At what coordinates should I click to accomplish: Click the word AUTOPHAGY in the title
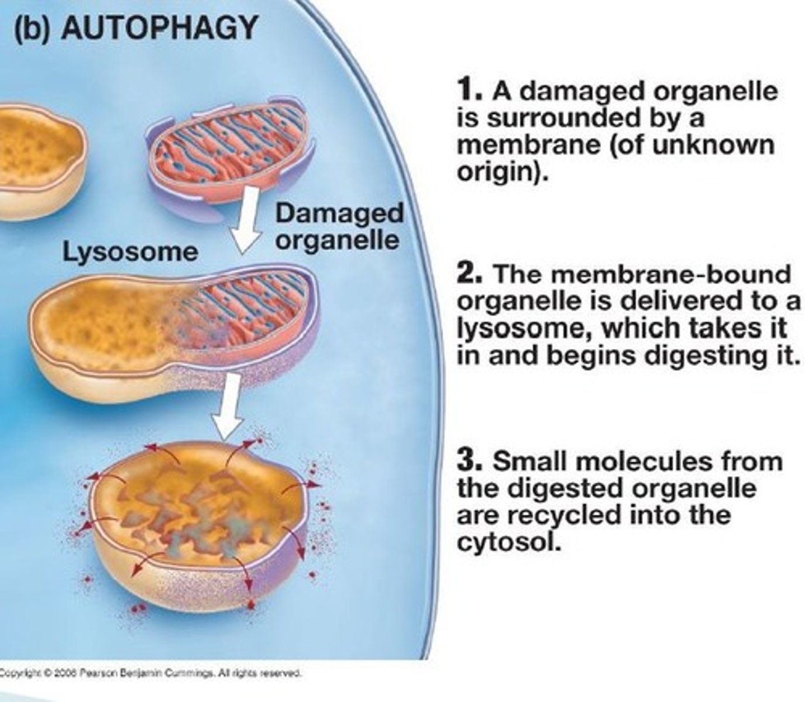(159, 27)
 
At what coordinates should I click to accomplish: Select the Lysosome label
(130, 252)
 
